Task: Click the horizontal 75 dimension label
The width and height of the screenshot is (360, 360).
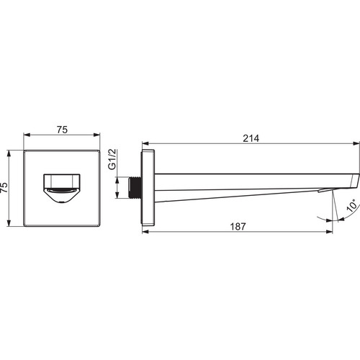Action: point(62,130)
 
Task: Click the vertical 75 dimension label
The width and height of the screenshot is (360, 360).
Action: point(4,187)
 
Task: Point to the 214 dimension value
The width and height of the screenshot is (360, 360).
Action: point(251,138)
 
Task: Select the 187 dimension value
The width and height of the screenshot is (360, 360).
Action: point(238,227)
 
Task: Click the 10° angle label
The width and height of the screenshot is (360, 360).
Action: point(352,205)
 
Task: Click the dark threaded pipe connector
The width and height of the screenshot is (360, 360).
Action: point(135,188)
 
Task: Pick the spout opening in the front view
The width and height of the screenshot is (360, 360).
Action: point(62,189)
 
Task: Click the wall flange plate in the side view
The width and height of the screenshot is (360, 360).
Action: point(148,188)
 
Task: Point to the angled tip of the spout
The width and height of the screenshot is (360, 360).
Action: point(355,181)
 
